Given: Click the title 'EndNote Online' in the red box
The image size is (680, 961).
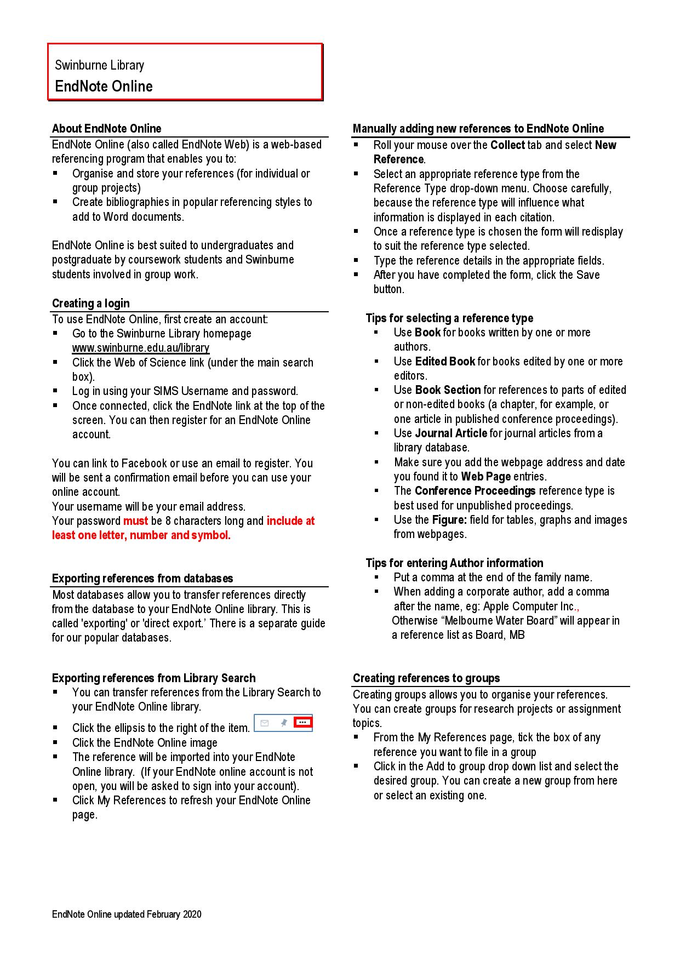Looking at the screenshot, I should (x=104, y=87).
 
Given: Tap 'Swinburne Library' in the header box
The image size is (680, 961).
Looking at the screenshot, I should (x=99, y=65).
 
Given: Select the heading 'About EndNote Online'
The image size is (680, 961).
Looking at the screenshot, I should (x=106, y=129).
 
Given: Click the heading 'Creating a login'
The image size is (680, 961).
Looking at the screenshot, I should (x=91, y=304).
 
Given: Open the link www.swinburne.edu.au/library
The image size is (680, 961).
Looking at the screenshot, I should (x=141, y=348).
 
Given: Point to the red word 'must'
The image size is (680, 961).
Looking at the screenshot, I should (x=135, y=521).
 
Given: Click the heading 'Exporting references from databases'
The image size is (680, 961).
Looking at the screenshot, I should (x=142, y=579).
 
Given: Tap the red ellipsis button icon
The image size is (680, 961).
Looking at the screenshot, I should (x=303, y=723).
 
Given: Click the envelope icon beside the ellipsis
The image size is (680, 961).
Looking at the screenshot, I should (x=265, y=723).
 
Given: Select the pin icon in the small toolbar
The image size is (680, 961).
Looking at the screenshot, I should (x=283, y=723).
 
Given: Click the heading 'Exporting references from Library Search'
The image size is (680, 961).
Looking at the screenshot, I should (x=153, y=678).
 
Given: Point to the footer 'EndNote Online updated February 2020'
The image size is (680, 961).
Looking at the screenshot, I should (x=127, y=914).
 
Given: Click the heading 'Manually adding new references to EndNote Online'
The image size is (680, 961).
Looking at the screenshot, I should (x=478, y=129).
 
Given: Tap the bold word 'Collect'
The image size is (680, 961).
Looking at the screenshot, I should (x=507, y=145).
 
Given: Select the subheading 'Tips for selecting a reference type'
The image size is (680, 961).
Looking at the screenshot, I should (x=449, y=318).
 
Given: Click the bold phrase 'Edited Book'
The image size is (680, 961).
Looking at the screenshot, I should (x=445, y=362).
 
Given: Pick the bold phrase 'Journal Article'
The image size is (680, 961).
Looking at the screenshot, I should (x=451, y=433).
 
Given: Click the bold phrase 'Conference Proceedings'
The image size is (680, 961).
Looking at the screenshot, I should (x=475, y=491).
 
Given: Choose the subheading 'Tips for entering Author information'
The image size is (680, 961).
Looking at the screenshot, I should (x=454, y=563).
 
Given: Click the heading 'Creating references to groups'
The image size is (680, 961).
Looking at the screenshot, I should (x=426, y=678).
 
